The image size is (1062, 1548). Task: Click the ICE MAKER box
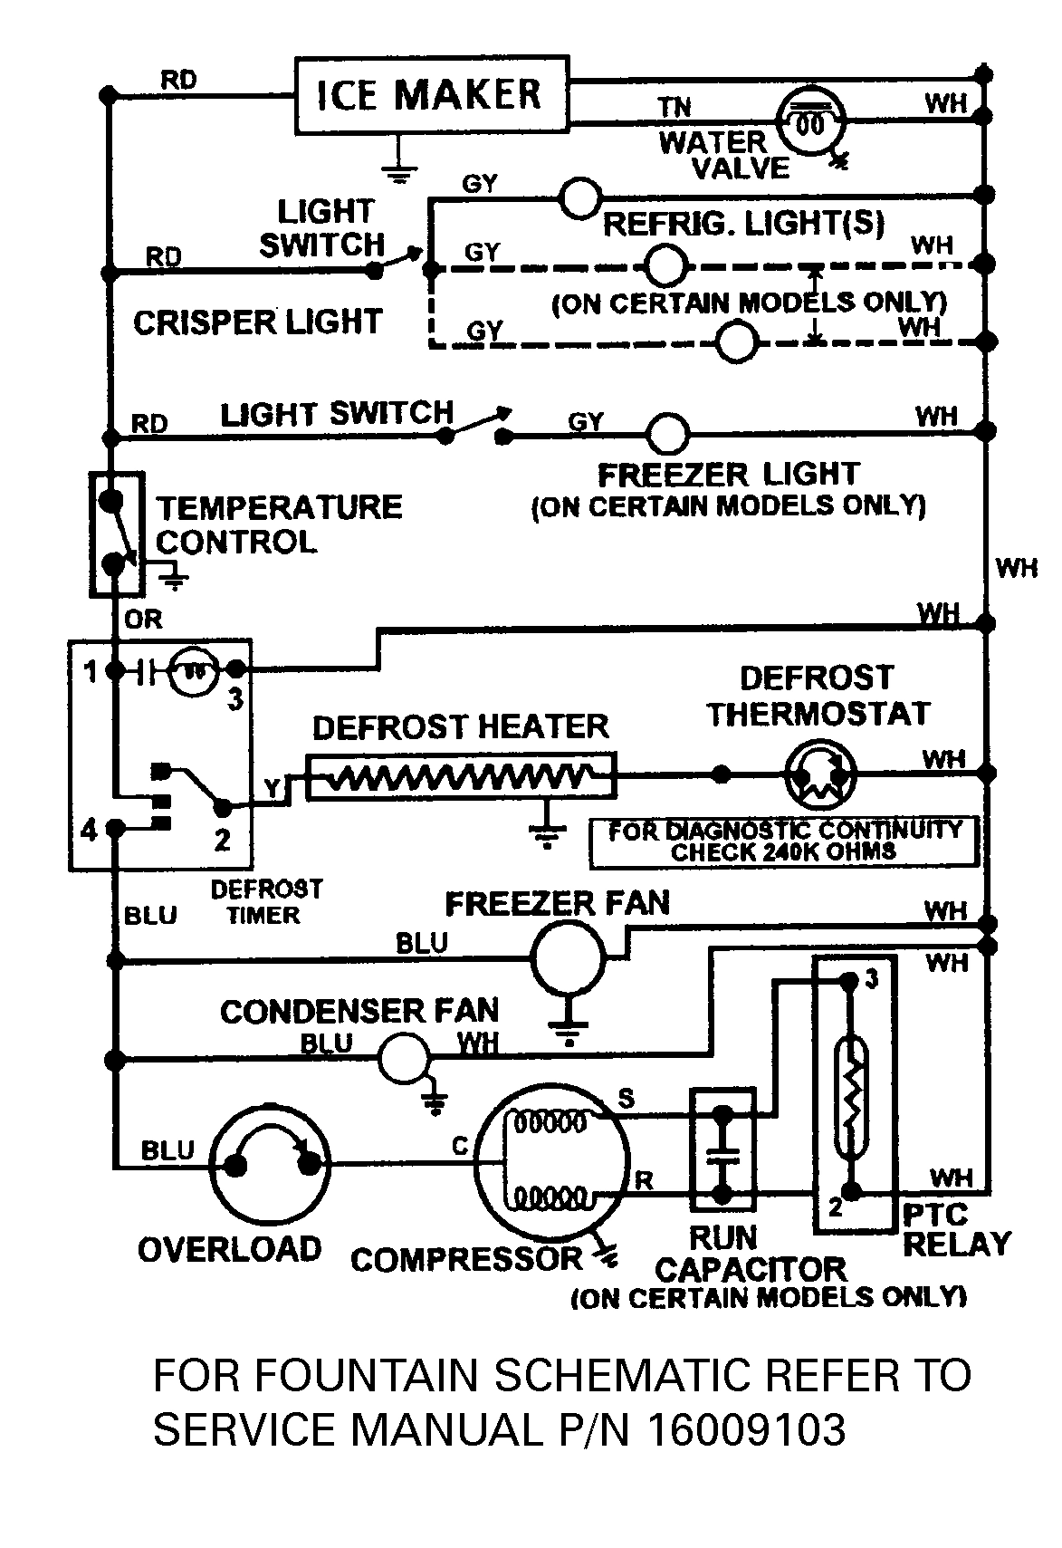[432, 94]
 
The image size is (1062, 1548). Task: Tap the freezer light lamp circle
[667, 434]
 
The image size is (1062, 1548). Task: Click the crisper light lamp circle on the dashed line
[736, 342]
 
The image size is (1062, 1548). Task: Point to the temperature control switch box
[116, 533]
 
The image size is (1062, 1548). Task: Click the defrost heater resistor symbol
[461, 775]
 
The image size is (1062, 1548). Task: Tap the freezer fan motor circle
[567, 958]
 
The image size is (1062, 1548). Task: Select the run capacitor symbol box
[722, 1149]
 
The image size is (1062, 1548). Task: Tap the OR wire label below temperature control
[143, 620]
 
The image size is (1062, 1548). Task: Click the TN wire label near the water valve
[675, 108]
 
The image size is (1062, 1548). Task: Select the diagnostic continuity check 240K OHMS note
[784, 841]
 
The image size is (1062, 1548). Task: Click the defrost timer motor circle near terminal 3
[193, 671]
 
